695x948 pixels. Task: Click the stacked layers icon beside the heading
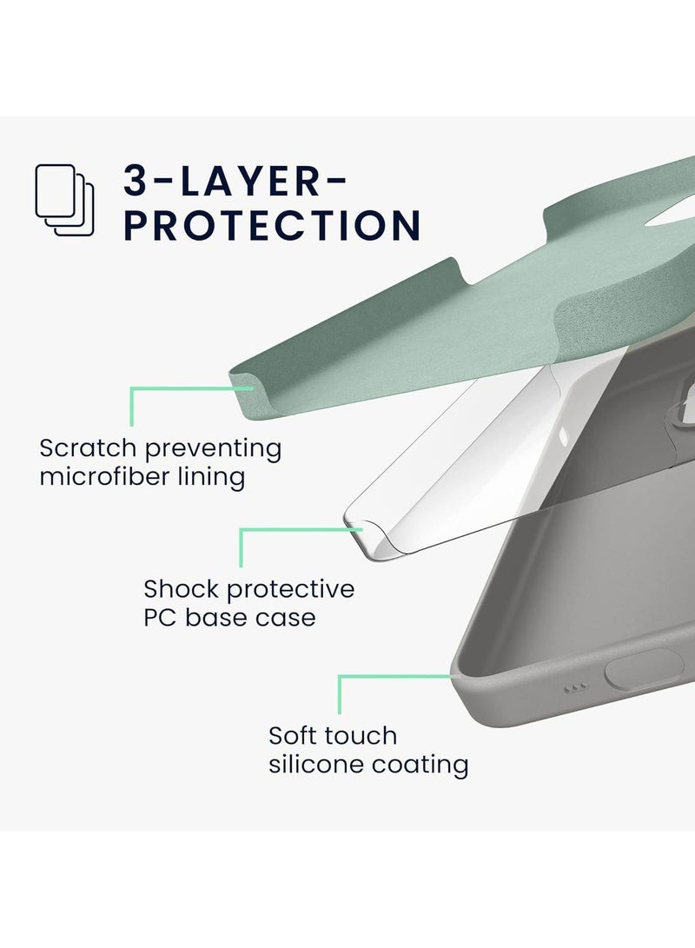pyautogui.click(x=64, y=200)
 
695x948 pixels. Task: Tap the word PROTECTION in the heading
pyautogui.click(x=272, y=225)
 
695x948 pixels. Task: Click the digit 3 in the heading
pyautogui.click(x=136, y=180)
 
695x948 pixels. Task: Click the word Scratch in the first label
pyautogui.click(x=88, y=448)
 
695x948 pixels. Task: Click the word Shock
pyautogui.click(x=181, y=589)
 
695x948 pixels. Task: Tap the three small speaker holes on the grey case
pyautogui.click(x=575, y=688)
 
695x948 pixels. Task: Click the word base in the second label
pyautogui.click(x=221, y=618)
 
